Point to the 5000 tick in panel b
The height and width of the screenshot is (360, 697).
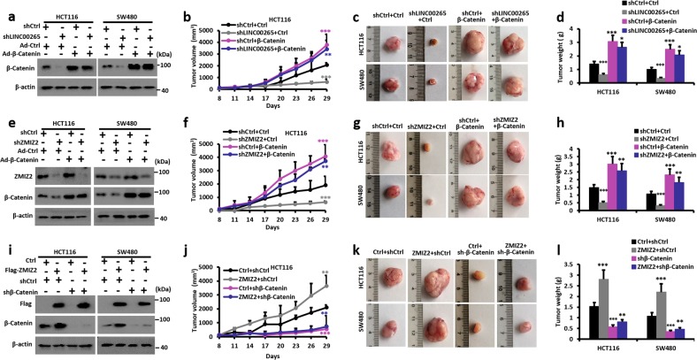[209, 14]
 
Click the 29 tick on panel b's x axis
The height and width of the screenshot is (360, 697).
[318, 98]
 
